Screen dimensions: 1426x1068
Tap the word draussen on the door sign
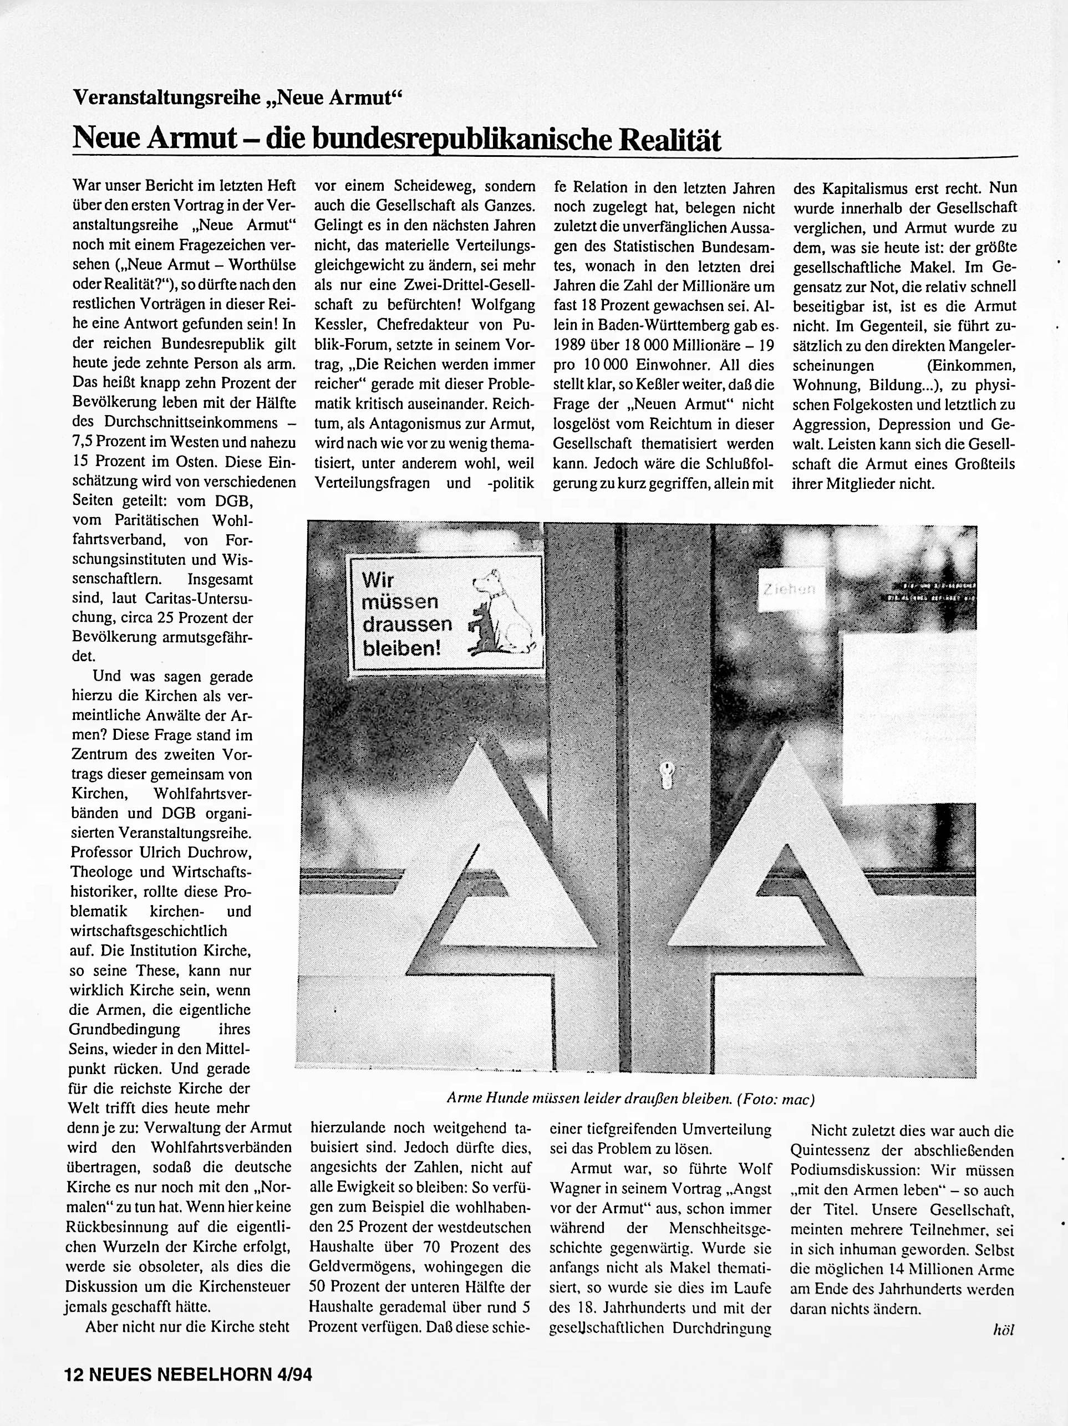click(x=406, y=625)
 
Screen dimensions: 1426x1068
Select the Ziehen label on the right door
click(x=790, y=588)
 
